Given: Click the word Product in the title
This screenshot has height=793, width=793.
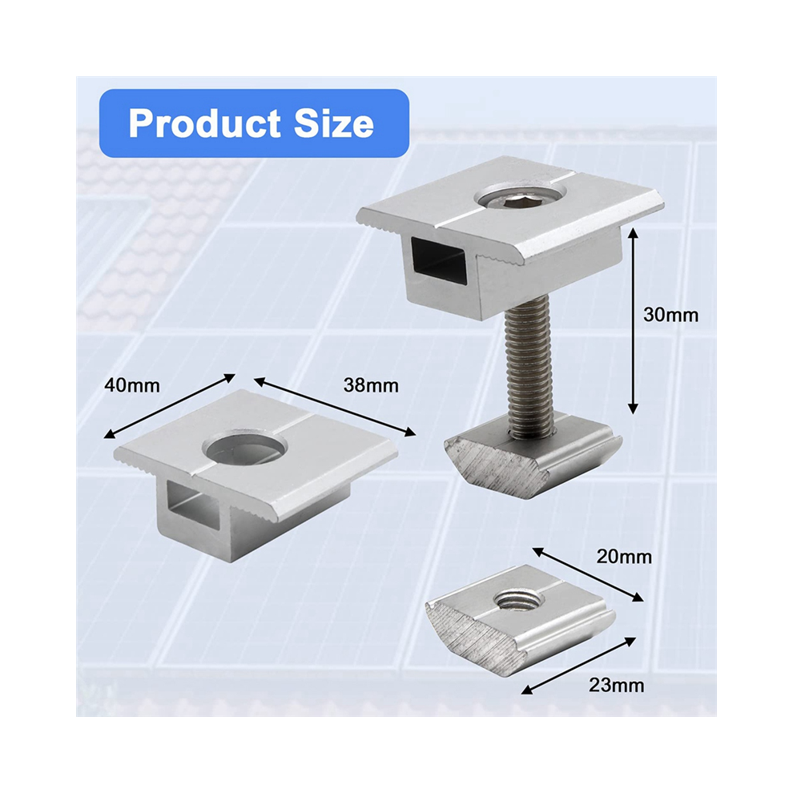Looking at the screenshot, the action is point(204,123).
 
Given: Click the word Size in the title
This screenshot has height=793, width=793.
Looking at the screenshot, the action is point(334,123).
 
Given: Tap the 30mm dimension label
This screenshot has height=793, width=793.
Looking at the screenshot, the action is point(670,315).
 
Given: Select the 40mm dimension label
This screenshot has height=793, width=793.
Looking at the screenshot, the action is point(132,385).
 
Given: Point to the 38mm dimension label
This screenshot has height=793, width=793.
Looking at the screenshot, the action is point(371,385).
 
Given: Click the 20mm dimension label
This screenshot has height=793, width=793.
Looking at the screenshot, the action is point(624,557).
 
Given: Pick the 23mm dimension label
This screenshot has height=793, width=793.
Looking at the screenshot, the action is point(617,686).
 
